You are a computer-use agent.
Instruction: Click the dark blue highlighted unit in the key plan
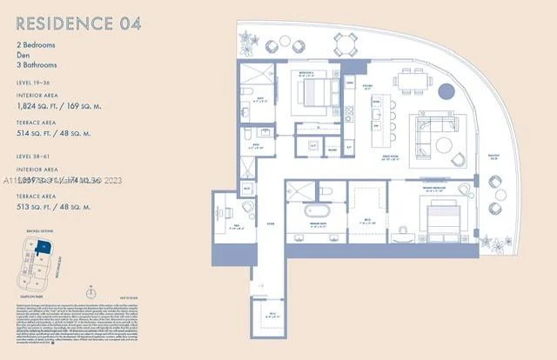click(46, 248)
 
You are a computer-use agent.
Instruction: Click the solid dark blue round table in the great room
click(446, 91)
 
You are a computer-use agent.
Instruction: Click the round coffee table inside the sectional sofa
click(443, 143)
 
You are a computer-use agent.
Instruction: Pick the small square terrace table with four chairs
click(346, 43)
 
